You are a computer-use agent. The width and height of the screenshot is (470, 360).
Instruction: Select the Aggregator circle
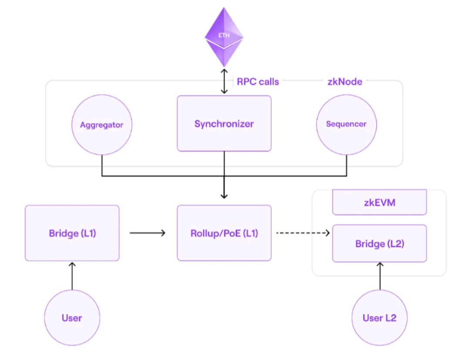pos(102,125)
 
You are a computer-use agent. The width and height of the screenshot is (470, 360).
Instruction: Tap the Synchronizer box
pos(224,124)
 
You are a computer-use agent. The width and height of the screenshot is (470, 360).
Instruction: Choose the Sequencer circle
pos(346,124)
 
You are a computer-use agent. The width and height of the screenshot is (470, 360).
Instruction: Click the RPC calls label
pos(258,81)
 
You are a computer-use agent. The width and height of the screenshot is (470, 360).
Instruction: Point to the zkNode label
pos(344,81)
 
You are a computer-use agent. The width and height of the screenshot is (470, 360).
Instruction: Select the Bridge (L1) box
pos(72,233)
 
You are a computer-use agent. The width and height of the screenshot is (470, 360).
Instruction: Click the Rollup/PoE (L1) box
pos(224,233)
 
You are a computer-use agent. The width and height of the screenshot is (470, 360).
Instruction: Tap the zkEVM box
pos(379,202)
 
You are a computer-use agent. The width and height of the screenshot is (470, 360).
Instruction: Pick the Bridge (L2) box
pos(379,243)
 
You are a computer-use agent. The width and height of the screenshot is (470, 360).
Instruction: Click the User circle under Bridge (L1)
pos(72,318)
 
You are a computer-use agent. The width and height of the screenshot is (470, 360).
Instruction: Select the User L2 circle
pos(379,318)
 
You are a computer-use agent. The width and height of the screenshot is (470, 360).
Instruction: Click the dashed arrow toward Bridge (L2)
pos(302,233)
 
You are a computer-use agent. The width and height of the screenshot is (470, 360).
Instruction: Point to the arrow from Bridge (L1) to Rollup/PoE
pos(148,233)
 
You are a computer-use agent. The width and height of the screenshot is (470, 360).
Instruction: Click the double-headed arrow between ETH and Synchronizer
pos(224,81)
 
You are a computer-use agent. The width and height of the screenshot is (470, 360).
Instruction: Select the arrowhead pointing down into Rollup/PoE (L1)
pos(224,195)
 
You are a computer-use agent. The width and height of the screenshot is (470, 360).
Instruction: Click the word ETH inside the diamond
pos(224,35)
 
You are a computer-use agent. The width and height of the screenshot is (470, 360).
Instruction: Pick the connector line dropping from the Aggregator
pos(102,165)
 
